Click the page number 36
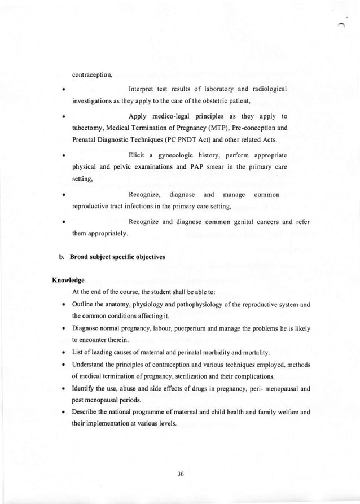(x=181, y=474)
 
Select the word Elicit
(x=138, y=154)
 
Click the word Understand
(x=90, y=365)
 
